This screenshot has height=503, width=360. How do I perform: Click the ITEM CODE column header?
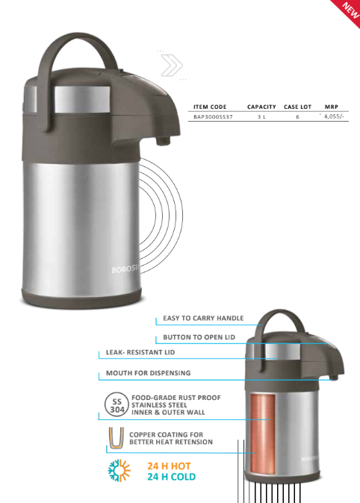(x=210, y=107)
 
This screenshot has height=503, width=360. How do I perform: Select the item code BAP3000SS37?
(x=213, y=116)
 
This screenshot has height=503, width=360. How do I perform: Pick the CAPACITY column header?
(x=261, y=107)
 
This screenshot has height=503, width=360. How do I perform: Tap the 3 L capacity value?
(x=261, y=116)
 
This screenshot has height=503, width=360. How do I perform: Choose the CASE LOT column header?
(x=297, y=107)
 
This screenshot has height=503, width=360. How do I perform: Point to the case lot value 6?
(x=297, y=116)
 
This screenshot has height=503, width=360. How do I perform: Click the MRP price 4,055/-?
(x=334, y=116)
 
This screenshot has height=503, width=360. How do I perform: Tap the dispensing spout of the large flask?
(x=163, y=140)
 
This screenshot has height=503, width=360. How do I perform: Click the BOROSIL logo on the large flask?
(x=125, y=269)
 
